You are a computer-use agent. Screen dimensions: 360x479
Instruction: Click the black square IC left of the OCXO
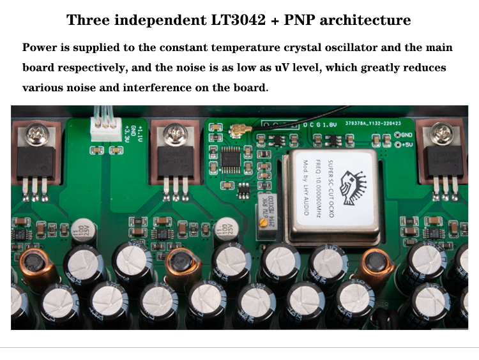(238, 158)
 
